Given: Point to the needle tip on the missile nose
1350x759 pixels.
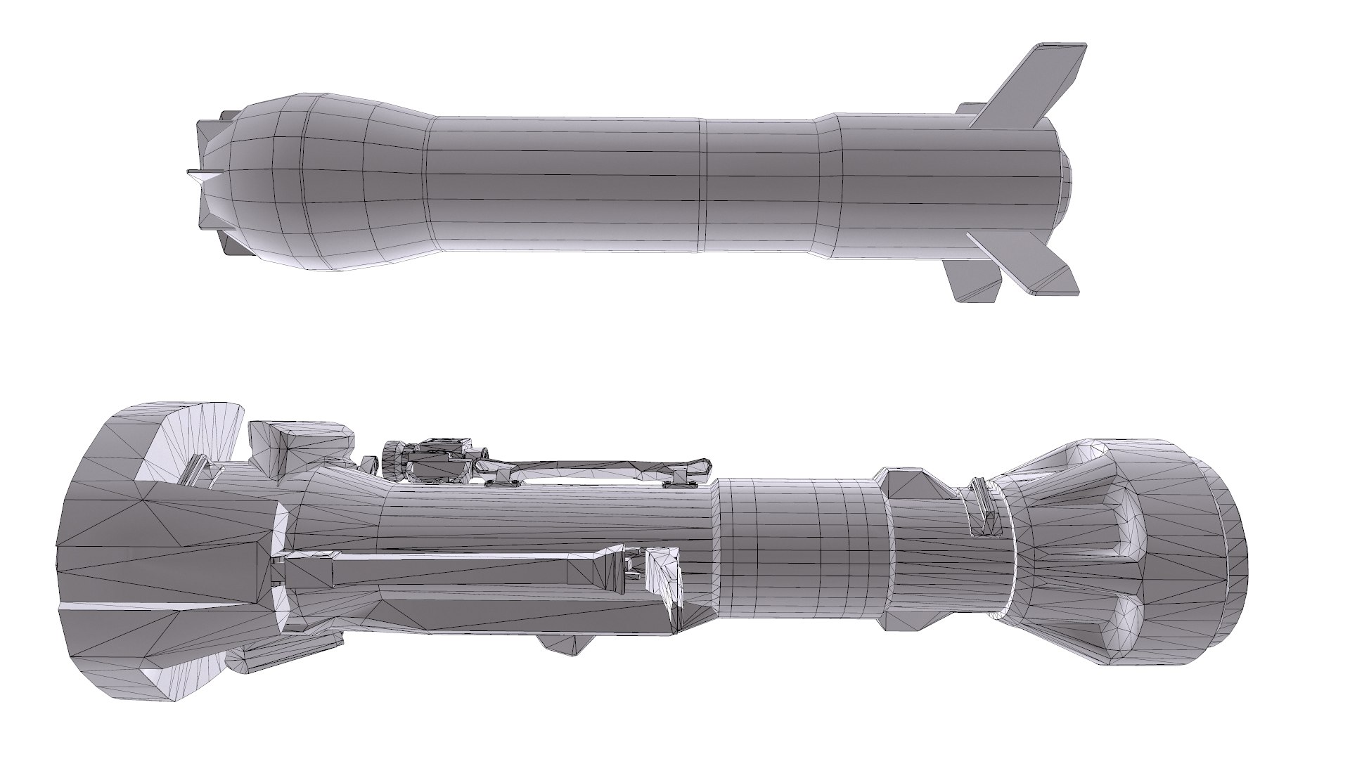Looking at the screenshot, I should [194, 171].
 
